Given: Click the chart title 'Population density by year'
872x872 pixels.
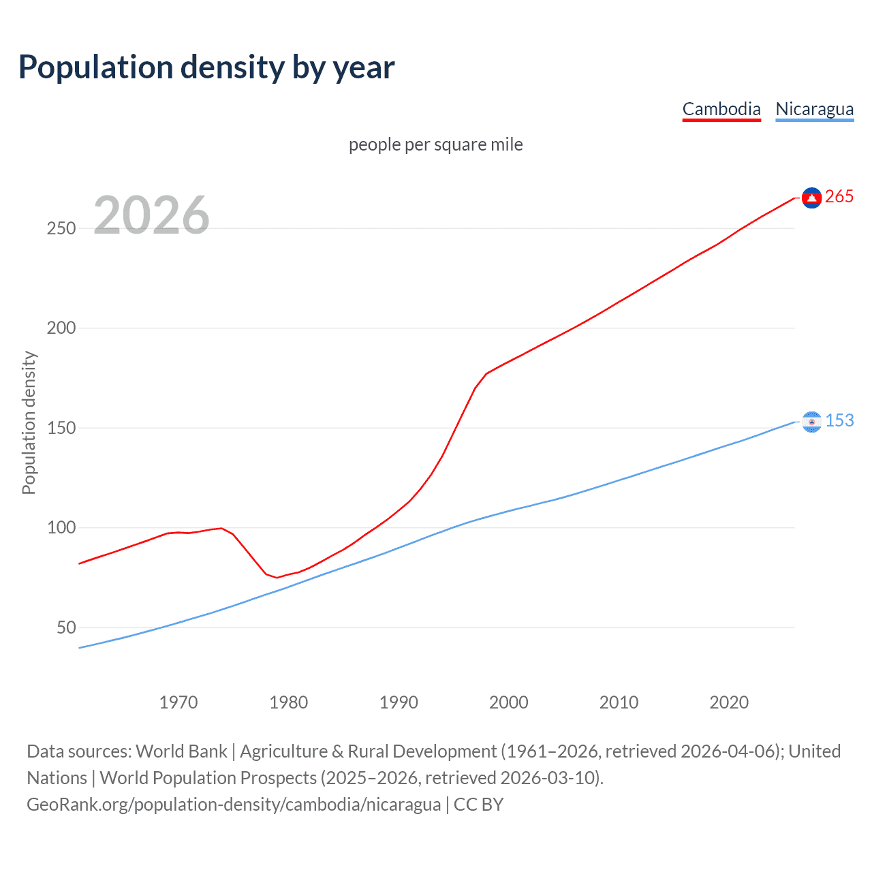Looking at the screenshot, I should click(206, 67).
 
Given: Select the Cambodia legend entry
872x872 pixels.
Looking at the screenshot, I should click(721, 109).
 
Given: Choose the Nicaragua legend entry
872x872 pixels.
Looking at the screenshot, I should click(814, 109).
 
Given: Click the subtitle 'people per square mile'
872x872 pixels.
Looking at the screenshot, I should click(436, 144).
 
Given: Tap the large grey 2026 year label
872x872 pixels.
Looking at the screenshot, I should click(151, 215).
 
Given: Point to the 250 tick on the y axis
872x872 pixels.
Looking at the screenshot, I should click(61, 228).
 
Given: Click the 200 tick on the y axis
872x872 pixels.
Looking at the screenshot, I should click(61, 328).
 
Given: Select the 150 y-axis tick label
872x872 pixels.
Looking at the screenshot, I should click(61, 428).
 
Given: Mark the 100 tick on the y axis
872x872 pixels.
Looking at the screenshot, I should click(61, 528).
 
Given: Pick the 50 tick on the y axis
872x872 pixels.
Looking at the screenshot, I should click(66, 627).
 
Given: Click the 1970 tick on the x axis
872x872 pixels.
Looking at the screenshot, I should click(178, 702).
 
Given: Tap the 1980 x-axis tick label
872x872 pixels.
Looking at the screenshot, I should click(289, 702).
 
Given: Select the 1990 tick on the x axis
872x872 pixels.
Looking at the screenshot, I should click(399, 702).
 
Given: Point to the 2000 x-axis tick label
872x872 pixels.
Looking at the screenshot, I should click(509, 702).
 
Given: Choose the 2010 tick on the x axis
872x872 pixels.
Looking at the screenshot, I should click(619, 702).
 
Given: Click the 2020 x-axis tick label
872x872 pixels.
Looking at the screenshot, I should click(729, 702).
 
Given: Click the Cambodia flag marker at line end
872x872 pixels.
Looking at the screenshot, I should click(811, 198).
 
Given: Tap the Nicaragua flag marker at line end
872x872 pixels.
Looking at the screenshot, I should click(811, 422).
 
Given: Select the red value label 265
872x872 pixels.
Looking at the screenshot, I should click(839, 197).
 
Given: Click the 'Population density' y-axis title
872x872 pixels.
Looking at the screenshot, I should click(29, 422).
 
